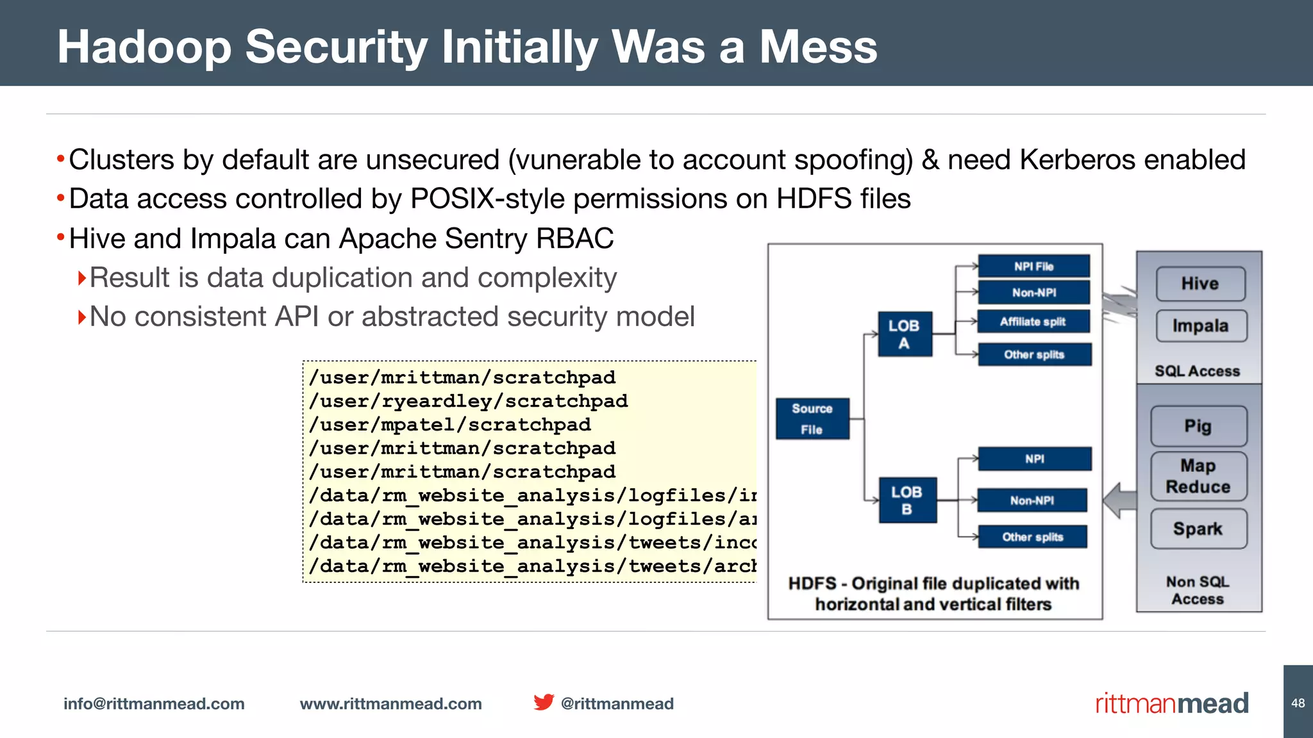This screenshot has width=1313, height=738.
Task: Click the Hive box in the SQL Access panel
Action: coord(1200,284)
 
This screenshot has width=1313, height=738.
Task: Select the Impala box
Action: coord(1201,326)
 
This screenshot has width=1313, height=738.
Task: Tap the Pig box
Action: coord(1198,426)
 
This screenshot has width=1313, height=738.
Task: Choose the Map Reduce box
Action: coord(1198,476)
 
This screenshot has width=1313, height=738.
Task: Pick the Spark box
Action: coord(1198,529)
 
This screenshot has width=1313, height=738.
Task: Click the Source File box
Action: coord(812,419)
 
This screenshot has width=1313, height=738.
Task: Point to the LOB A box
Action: coord(905,334)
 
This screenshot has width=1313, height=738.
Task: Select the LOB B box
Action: coord(907,500)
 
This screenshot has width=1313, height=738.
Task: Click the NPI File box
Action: coord(1033,266)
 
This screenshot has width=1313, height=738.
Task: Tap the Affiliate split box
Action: coord(1033,322)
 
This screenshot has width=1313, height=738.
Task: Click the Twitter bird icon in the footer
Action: coord(544,702)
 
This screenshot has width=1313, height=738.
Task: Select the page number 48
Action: coord(1298,703)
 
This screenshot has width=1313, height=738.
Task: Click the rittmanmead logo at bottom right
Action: coord(1172,703)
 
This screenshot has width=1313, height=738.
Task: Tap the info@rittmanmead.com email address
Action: coord(154,703)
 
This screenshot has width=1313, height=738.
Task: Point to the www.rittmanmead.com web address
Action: coord(391,703)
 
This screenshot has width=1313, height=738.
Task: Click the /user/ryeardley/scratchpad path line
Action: coord(468,401)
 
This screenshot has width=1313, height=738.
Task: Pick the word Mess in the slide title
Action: coord(818,47)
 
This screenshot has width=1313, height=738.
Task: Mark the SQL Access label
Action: coord(1197,371)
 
